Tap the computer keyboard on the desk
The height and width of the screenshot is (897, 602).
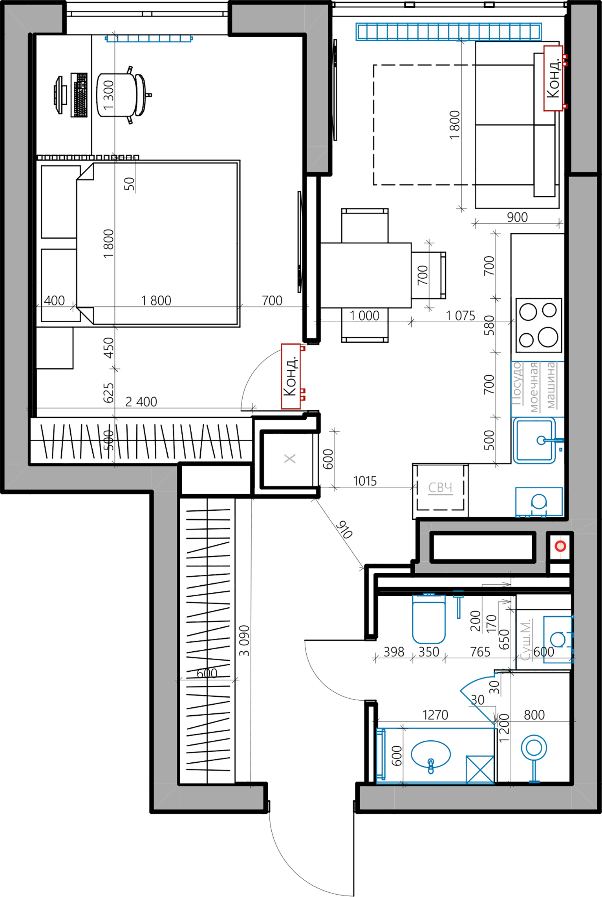coord(79,95)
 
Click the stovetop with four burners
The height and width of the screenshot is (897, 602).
coord(538,325)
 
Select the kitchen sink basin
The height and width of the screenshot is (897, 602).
coord(534,440)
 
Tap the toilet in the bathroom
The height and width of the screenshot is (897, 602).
coord(428,619)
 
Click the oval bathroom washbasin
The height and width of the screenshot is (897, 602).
coord(430,754)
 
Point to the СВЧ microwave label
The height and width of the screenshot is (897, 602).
coord(440,488)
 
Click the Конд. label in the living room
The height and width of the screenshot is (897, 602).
coord(553,79)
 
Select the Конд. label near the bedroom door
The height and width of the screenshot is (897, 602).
coord(291,376)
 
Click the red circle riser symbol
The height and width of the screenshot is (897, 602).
coord(560,546)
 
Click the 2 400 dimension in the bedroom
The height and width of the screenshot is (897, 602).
coord(141,402)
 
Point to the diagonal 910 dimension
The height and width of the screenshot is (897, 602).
coord(344,530)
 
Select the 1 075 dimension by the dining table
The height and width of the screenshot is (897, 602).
coord(460,316)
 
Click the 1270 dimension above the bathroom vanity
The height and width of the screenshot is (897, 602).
coord(435,715)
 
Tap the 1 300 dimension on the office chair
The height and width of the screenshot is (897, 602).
coord(108,95)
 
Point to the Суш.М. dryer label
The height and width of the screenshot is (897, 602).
coord(525,640)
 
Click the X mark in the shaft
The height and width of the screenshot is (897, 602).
coord(290,459)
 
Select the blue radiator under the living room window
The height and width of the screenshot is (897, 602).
coord(448,31)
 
